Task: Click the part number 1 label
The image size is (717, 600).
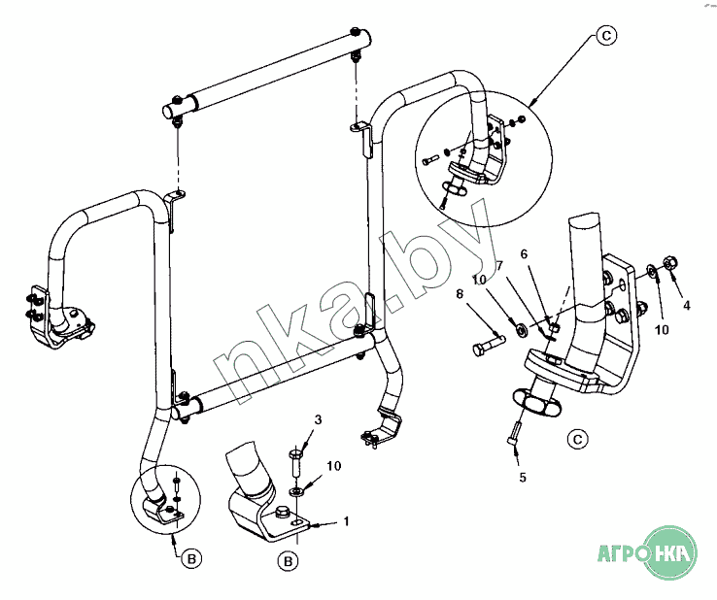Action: coord(346,521)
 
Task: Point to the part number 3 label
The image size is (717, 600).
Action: coord(318,419)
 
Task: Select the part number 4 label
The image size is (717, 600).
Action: coord(686,305)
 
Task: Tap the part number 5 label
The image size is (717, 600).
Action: coord(523,478)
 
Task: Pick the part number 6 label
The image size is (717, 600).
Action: coord(524,254)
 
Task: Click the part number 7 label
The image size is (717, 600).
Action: coord(499,265)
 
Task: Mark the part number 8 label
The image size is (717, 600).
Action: coord(460,294)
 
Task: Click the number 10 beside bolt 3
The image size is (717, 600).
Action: coord(334,466)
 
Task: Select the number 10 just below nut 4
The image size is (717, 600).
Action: coord(662,329)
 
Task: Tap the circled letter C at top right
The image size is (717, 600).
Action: coord(607,35)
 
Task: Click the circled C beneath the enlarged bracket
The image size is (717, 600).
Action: coord(577,439)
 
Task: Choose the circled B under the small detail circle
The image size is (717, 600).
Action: coord(191,558)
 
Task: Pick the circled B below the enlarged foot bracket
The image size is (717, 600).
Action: coord(289,561)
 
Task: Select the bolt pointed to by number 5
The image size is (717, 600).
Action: coord(513,432)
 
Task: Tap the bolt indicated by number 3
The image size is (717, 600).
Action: coord(296,462)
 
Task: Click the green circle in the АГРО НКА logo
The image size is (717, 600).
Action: coord(670,553)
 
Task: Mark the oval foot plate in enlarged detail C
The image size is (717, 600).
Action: coord(536,402)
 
